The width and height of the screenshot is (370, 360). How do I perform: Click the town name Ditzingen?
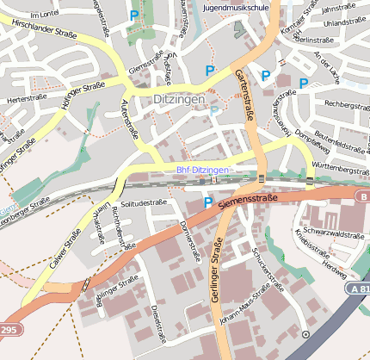178,100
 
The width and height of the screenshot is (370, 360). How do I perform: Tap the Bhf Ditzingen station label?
203,171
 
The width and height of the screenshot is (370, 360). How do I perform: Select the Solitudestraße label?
143,203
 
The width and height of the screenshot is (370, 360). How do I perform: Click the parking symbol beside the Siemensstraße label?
207,202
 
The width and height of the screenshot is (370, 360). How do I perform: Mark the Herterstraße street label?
26,99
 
